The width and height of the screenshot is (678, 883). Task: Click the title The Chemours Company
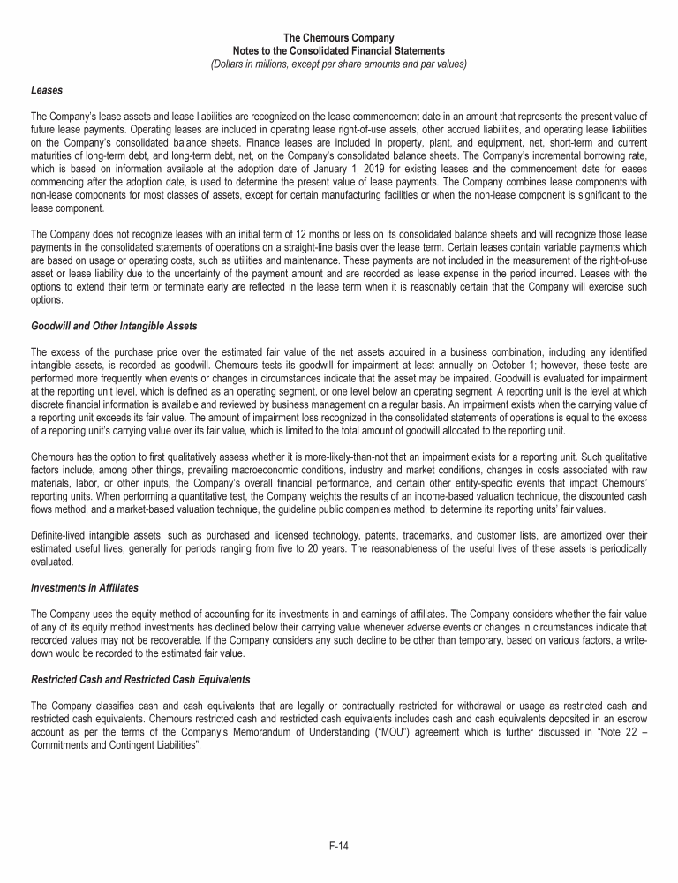tap(339, 38)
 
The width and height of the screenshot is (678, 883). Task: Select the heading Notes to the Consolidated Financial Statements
tap(339, 51)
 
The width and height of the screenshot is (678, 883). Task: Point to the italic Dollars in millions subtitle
tap(339, 64)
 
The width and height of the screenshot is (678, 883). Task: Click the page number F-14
tap(339, 847)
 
